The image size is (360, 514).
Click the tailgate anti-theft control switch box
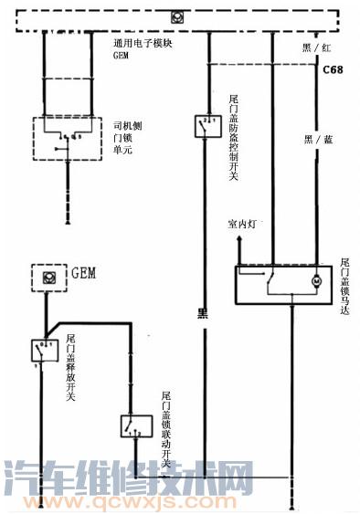[x=206, y=126]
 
